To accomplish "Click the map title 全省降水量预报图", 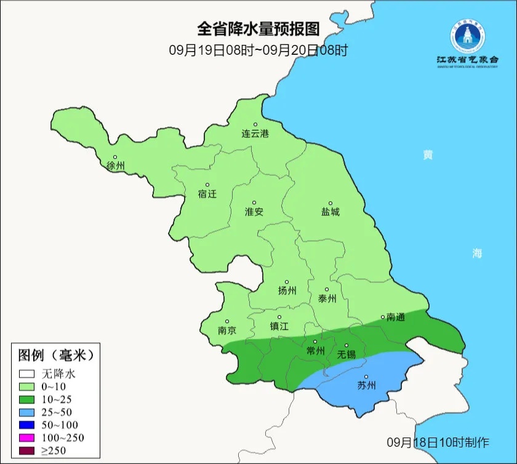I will (x=258, y=29).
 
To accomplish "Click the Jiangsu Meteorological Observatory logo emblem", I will (x=467, y=36).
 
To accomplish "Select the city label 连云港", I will (x=255, y=134).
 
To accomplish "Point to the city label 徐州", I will (x=115, y=166).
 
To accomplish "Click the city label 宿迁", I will (x=207, y=194).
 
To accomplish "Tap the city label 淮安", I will (x=254, y=212).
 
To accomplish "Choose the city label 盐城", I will (x=330, y=212).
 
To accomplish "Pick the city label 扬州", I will (x=287, y=291).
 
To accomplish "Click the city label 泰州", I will (x=327, y=298).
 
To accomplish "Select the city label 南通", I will (x=395, y=318).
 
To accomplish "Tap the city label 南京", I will (x=227, y=330).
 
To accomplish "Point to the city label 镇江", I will (x=279, y=327).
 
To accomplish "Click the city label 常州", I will (x=315, y=351).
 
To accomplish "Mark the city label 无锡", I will (x=346, y=355).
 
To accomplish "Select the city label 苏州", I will (x=366, y=386).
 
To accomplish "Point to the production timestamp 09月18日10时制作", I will (x=438, y=442).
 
